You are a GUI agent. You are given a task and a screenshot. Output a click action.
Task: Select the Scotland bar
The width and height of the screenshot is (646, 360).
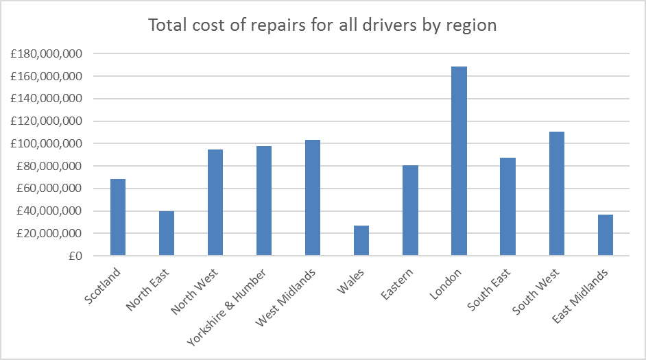point(118,217)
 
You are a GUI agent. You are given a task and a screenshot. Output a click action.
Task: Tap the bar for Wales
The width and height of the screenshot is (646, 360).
point(361,241)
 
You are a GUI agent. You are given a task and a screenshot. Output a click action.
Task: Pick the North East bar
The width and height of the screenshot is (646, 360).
point(167,233)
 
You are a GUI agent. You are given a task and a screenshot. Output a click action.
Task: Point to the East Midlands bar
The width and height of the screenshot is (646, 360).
point(605,235)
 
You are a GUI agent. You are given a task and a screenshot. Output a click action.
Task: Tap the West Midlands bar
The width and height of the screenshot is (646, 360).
point(313,197)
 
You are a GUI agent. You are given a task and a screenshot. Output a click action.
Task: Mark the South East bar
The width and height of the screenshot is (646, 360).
point(507,206)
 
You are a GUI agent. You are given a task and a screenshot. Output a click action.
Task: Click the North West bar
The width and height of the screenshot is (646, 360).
point(215,202)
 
